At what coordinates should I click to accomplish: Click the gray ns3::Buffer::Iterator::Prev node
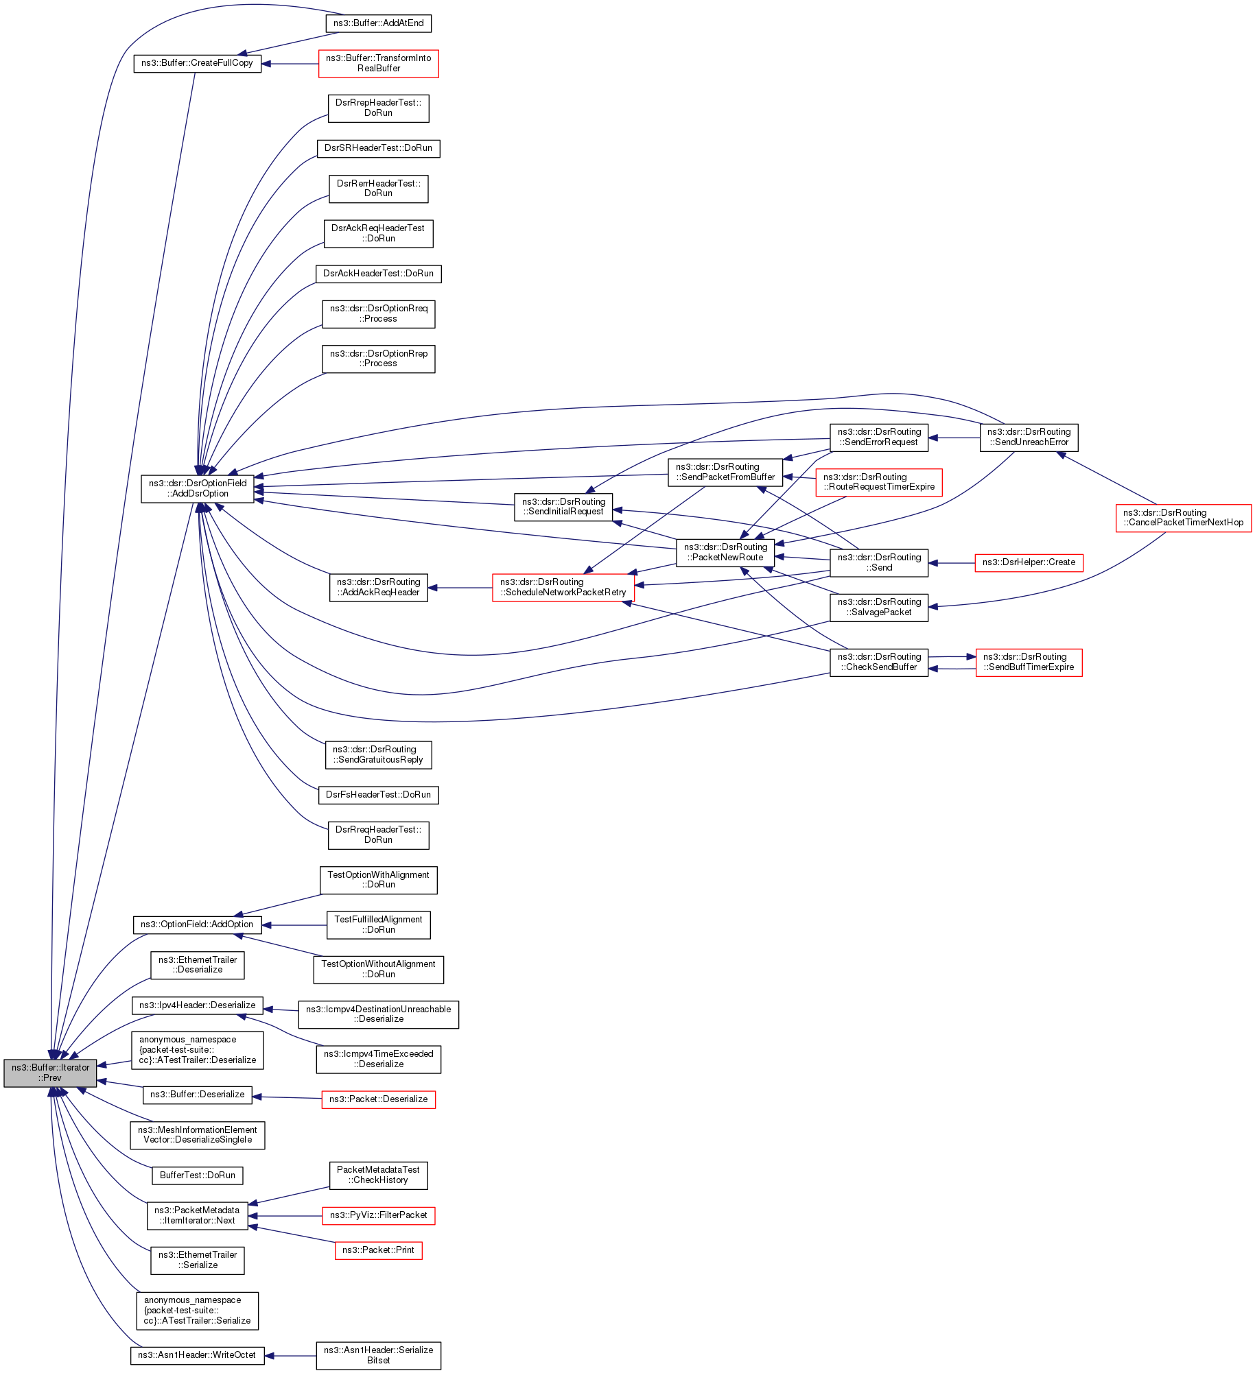[50, 1073]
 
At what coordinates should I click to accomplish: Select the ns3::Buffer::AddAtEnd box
[378, 23]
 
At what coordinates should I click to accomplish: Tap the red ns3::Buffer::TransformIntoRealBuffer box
[378, 63]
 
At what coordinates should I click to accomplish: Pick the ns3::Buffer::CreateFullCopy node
[197, 63]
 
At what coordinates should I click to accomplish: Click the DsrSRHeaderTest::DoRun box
[378, 148]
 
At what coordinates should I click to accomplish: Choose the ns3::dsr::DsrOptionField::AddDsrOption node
[198, 488]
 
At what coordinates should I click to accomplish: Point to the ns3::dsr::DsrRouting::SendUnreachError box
[1029, 438]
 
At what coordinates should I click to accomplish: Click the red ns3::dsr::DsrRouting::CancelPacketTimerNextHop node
[1183, 518]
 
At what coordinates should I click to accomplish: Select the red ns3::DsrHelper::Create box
[1029, 562]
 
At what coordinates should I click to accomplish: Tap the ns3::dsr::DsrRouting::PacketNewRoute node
[725, 552]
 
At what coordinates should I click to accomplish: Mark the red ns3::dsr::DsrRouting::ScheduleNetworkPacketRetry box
[563, 588]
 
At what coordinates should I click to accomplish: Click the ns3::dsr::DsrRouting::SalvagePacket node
[879, 607]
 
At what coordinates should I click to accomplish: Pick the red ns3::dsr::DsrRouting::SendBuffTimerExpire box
[1029, 662]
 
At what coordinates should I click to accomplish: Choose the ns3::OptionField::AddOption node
[197, 924]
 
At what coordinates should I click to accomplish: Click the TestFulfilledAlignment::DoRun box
[378, 924]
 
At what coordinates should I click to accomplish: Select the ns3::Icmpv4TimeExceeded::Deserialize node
[378, 1059]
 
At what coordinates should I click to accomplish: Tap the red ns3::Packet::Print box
[378, 1250]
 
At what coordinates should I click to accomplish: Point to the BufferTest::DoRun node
[197, 1175]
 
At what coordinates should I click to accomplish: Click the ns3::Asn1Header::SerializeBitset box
[378, 1355]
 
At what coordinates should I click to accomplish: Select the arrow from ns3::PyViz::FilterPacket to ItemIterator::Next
[285, 1216]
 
